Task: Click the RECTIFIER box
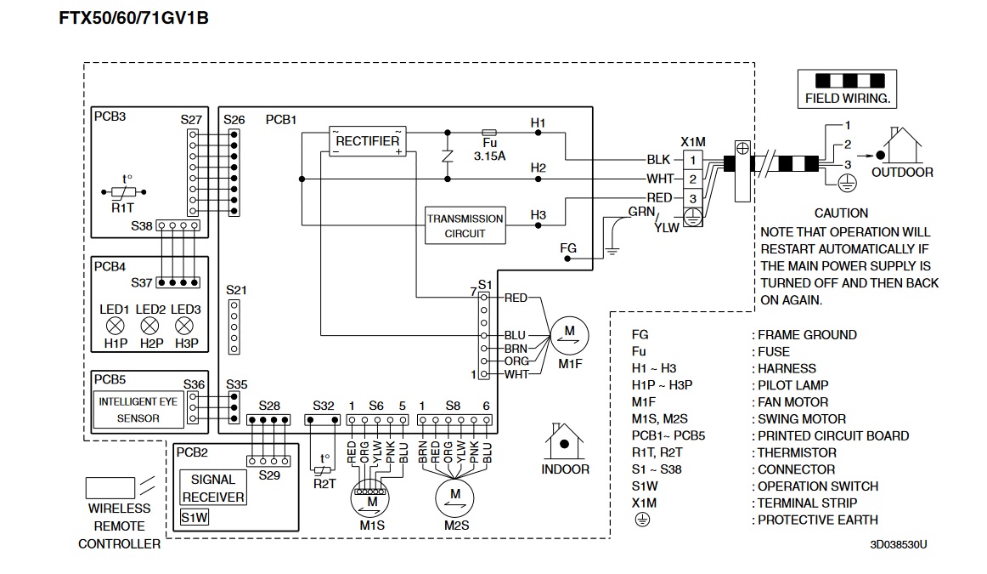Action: point(368,141)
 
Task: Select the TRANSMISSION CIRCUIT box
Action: point(465,225)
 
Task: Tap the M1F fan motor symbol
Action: point(570,332)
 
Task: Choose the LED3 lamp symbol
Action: point(184,326)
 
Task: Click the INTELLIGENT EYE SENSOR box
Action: point(138,409)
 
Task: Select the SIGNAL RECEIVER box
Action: point(213,488)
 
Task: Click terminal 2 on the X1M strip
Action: point(692,179)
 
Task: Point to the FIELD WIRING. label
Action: point(847,99)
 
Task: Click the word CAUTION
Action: point(841,213)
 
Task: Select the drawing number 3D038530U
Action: point(898,543)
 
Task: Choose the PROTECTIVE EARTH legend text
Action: point(817,520)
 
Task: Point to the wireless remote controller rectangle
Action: point(110,487)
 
